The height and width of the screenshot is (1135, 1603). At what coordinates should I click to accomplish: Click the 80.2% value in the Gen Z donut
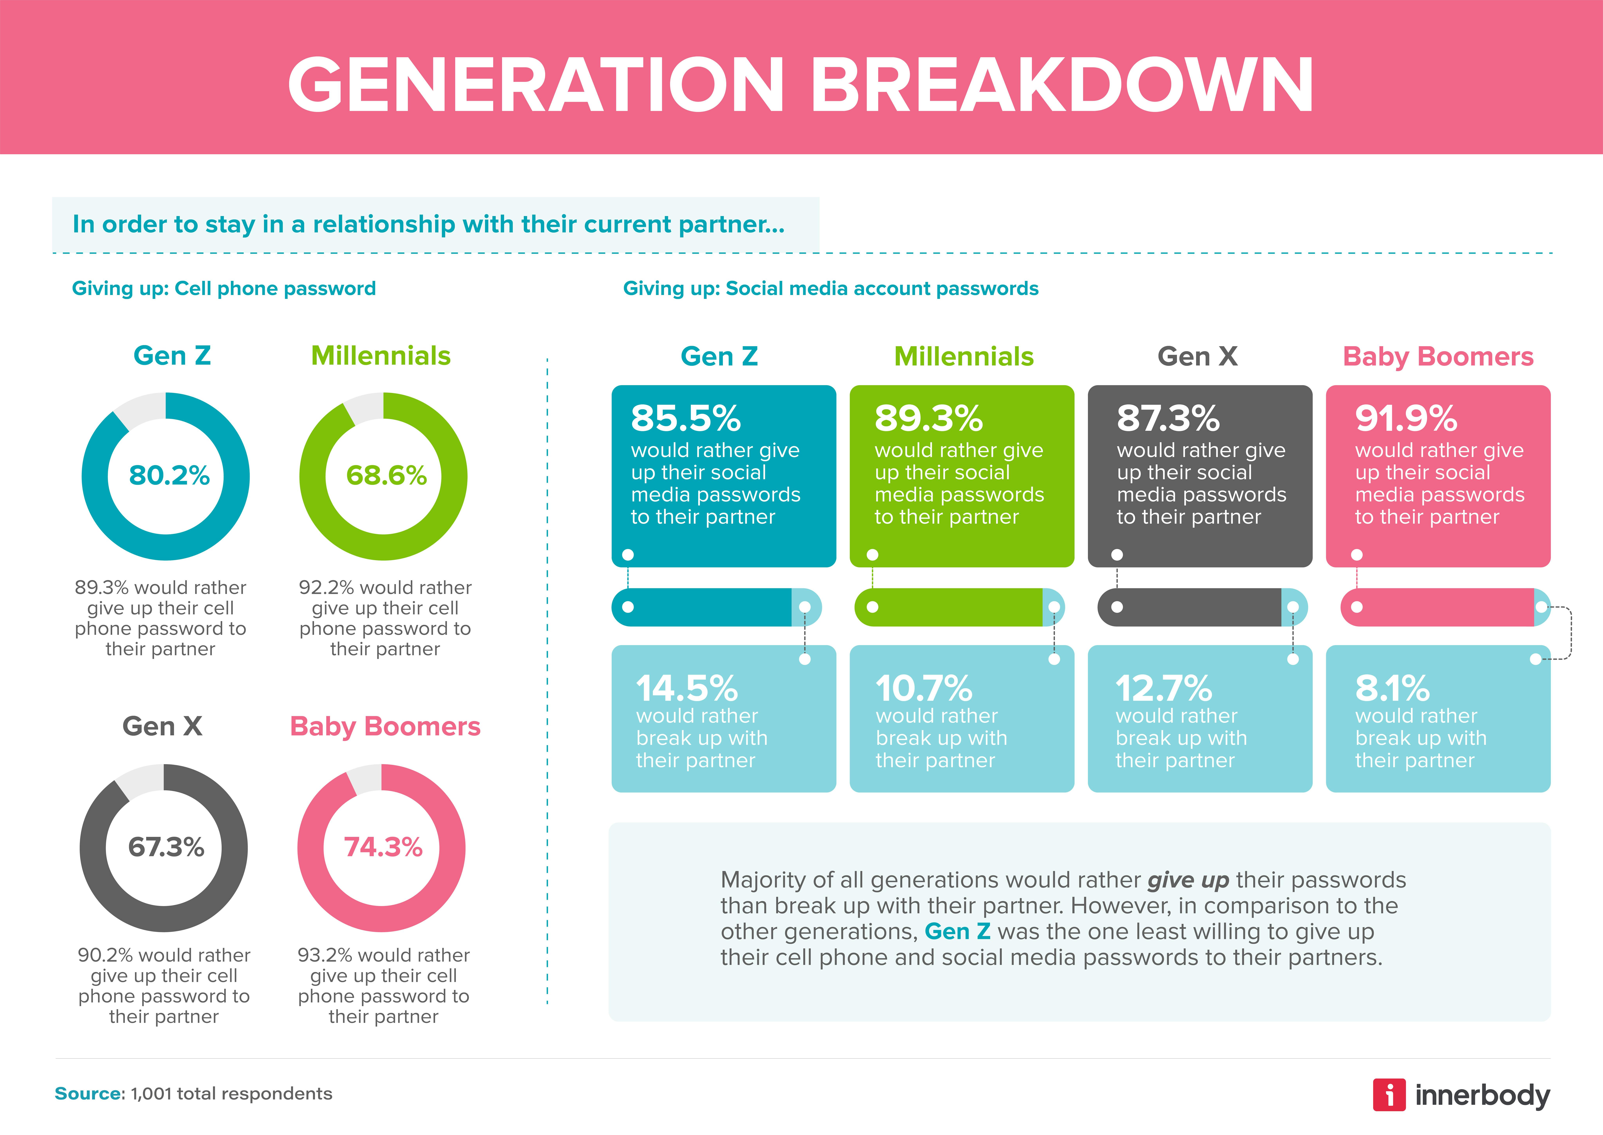pos(169,476)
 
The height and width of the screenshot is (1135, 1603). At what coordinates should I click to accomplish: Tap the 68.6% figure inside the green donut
pos(386,476)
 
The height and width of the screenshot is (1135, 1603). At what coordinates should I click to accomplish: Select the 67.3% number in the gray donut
pos(166,847)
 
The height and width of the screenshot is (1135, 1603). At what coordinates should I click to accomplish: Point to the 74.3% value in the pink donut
pos(383,847)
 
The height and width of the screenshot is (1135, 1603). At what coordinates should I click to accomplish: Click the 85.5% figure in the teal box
pos(685,419)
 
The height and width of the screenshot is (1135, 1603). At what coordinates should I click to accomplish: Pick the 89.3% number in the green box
pos(928,419)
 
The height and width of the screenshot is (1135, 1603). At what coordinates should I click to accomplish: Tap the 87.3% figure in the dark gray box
pos(1167,419)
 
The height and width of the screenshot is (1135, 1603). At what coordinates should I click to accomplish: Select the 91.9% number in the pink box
pos(1406,419)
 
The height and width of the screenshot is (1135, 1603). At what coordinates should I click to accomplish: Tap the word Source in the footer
pos(88,1094)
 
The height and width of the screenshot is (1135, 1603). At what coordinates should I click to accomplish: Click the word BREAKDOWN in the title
pos(1061,85)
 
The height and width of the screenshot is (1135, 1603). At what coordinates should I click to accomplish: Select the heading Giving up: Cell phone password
pos(224,289)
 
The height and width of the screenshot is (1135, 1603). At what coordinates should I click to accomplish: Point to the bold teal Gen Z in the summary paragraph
pos(957,932)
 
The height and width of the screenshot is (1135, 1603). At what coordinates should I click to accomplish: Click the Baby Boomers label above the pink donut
pos(385,727)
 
